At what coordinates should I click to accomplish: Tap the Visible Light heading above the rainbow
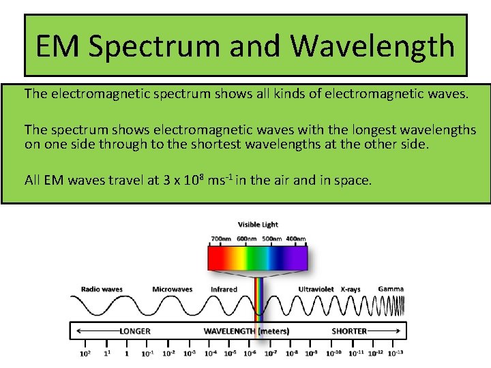(258, 224)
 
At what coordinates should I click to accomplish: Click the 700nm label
(221, 239)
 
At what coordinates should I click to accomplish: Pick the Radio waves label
(102, 289)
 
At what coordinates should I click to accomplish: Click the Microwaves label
(172, 289)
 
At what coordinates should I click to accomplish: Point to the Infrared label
(224, 289)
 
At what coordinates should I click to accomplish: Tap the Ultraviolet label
(316, 289)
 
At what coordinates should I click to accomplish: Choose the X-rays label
(351, 289)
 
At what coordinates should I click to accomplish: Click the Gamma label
(391, 288)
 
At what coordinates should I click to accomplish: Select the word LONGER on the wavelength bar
(135, 331)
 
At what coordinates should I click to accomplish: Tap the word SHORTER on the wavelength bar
(349, 331)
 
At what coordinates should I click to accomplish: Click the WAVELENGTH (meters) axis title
(246, 331)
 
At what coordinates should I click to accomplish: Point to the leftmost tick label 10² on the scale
(85, 353)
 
